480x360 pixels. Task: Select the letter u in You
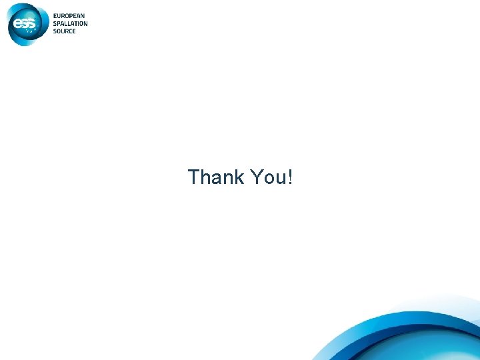pos(280,179)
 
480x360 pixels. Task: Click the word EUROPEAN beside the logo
pos(69,17)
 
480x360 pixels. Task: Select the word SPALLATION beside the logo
pos(71,24)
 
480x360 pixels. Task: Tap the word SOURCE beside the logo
pos(65,31)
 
